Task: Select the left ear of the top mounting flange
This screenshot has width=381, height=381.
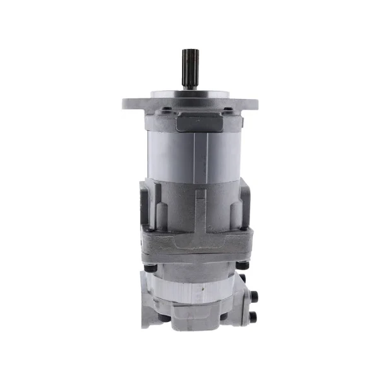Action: [x=131, y=102]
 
